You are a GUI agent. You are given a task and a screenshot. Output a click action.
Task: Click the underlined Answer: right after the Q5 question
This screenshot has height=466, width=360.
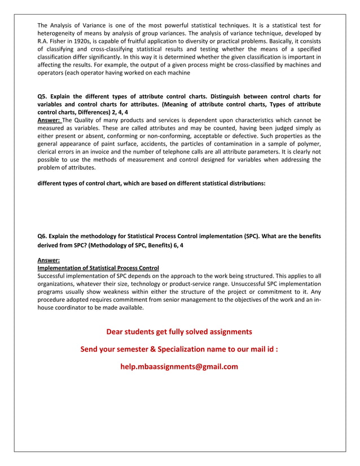tap(49, 120)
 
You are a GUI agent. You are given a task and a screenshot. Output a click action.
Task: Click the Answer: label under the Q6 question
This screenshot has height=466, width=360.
tap(49, 260)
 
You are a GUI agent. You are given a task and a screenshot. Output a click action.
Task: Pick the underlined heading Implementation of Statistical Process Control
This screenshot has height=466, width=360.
tap(98, 267)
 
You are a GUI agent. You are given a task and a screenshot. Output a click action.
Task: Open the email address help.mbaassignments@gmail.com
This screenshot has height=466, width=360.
tap(179, 367)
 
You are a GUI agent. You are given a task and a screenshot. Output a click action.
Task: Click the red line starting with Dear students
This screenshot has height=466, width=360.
tap(179, 332)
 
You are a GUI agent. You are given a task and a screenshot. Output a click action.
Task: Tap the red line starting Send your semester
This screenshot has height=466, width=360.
tap(179, 349)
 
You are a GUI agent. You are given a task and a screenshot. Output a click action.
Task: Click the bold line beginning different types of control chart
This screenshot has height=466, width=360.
tap(151, 183)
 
